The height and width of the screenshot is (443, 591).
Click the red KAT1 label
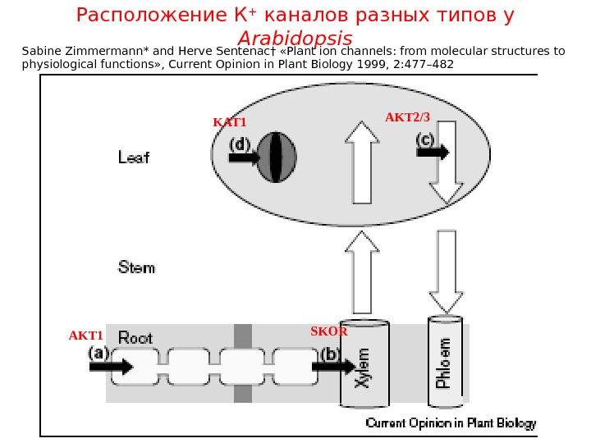230,123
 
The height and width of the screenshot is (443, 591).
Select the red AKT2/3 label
408,118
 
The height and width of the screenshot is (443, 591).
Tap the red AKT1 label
85,336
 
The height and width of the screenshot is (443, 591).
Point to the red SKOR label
328,332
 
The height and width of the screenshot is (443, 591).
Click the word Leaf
134,157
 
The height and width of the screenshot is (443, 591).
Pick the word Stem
136,267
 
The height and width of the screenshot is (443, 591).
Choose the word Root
135,337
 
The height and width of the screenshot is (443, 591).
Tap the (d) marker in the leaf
239,144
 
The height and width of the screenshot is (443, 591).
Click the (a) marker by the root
98,353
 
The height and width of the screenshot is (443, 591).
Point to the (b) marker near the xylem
331,354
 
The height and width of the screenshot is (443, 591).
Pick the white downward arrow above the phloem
447,271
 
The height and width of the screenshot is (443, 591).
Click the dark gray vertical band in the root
242,363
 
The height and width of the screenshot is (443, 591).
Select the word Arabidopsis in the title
295,39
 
